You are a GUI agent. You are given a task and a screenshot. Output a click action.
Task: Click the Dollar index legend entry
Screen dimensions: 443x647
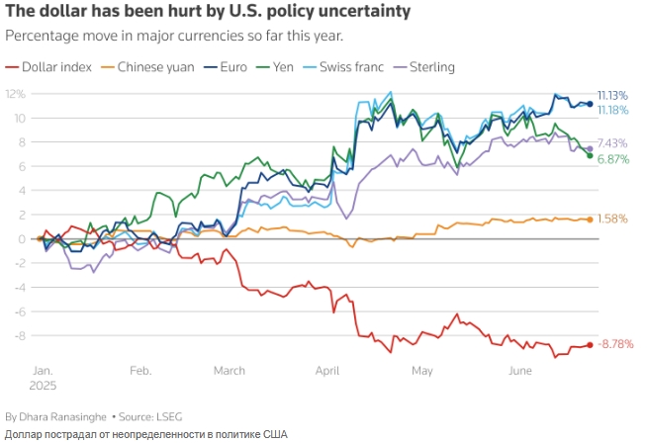[x=55, y=67]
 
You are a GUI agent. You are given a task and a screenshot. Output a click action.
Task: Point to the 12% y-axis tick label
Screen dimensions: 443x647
[x=17, y=94]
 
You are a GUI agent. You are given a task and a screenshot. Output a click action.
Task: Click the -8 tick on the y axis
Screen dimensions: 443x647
[x=20, y=336]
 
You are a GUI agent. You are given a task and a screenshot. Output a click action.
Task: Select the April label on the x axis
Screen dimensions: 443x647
[x=326, y=371]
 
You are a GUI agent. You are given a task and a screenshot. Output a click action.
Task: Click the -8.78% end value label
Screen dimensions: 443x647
[x=615, y=344]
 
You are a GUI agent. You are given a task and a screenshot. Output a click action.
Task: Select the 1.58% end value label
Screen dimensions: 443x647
[x=613, y=220]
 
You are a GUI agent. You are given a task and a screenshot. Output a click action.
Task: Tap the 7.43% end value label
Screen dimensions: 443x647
[x=613, y=142]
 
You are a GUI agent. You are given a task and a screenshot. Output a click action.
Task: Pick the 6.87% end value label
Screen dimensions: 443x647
[x=613, y=158]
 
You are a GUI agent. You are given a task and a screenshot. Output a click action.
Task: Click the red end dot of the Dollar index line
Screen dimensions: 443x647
[x=590, y=344]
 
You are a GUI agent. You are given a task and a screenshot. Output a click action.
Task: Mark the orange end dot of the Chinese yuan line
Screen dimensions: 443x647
[x=590, y=220]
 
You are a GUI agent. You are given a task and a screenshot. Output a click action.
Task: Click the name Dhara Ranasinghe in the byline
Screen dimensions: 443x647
[x=63, y=416]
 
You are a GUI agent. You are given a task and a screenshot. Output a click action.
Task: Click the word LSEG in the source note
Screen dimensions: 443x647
[x=169, y=416]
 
